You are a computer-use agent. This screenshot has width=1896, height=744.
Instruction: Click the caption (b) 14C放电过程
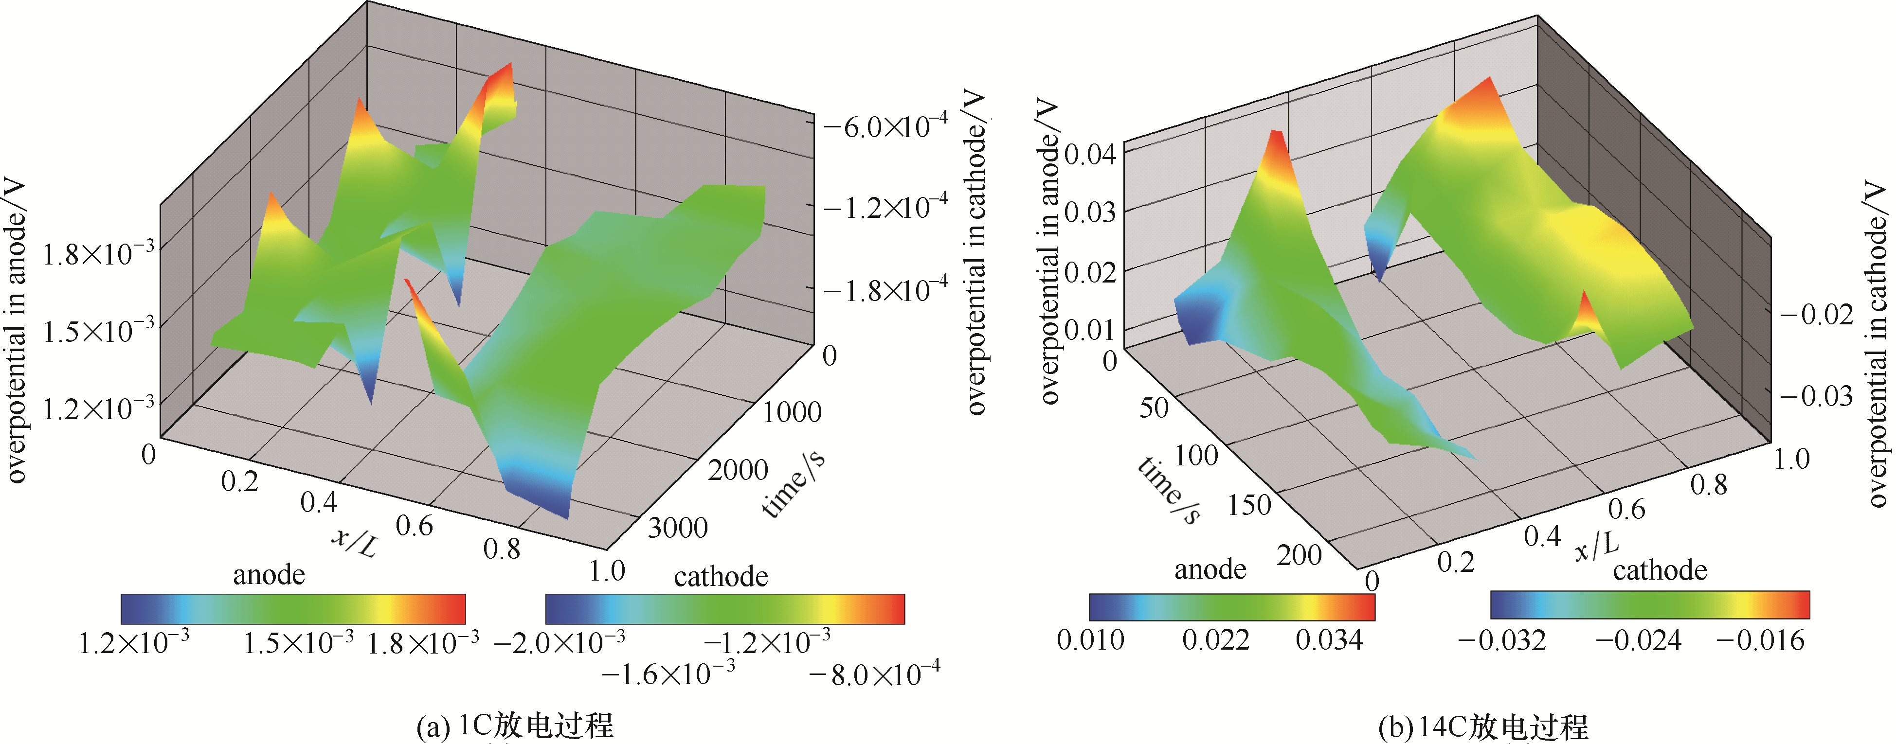point(1483,727)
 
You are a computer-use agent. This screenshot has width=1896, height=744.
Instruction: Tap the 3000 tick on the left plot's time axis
point(677,528)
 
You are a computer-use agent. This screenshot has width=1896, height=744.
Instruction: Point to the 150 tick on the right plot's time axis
point(1249,505)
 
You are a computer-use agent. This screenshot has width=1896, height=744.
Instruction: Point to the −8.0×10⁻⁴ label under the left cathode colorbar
point(874,674)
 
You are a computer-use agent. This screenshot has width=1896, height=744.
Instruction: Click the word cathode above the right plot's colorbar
point(1660,570)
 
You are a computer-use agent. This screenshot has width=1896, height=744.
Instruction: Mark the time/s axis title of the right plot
point(1169,490)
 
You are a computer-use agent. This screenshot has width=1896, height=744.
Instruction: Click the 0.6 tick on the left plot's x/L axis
point(415,526)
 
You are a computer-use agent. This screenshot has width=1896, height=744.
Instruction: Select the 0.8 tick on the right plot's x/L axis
point(1708,484)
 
